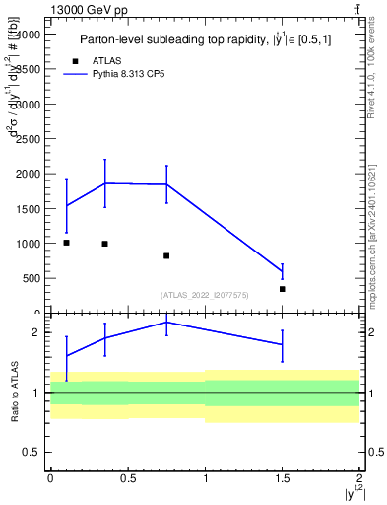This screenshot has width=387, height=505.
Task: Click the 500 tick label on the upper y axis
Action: tap(32, 278)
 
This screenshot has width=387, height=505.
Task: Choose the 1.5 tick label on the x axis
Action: tap(283, 479)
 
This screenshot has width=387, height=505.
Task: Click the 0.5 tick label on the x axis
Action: tap(127, 479)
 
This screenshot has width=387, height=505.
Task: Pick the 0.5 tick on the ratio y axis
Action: tap(32, 452)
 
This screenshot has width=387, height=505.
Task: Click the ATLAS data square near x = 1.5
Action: tap(283, 289)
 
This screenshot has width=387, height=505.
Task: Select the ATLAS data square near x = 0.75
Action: tap(166, 255)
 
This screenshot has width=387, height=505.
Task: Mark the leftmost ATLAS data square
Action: tap(66, 243)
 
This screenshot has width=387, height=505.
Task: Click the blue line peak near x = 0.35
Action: tap(104, 182)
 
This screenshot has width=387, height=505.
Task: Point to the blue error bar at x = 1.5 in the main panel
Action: tap(283, 272)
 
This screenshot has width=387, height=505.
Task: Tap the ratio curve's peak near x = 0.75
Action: tap(166, 322)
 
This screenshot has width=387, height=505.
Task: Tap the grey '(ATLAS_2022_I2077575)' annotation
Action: tap(206, 295)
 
